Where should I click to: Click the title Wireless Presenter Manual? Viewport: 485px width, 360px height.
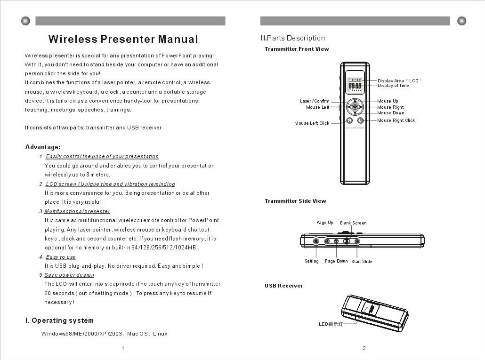[x=123, y=39]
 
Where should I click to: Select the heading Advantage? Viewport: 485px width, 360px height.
[x=42, y=147]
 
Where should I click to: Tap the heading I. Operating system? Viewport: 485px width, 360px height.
[x=59, y=320]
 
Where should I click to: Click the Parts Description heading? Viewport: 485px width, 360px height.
[x=293, y=38]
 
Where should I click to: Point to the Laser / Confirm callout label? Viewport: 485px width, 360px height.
[x=315, y=101]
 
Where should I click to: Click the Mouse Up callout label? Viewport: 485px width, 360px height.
[x=388, y=101]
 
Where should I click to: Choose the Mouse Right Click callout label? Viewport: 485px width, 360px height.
[x=396, y=120]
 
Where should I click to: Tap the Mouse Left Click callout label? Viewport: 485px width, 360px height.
[x=312, y=123]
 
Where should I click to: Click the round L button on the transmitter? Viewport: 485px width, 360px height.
[x=349, y=120]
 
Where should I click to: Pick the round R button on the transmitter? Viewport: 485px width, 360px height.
[x=360, y=120]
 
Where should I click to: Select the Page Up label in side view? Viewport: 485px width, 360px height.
[x=324, y=223]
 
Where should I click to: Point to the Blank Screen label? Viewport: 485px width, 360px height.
[x=353, y=223]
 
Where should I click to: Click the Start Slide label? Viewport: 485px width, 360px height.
[x=362, y=262]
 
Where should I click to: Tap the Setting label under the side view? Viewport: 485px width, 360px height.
[x=312, y=261]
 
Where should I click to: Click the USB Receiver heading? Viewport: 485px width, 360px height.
[x=283, y=286]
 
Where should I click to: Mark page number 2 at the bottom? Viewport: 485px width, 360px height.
[x=364, y=348]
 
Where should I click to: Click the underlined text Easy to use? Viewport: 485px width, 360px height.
[x=61, y=257]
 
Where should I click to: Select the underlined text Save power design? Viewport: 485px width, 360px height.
[x=69, y=275]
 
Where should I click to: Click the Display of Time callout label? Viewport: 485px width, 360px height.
[x=393, y=86]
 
